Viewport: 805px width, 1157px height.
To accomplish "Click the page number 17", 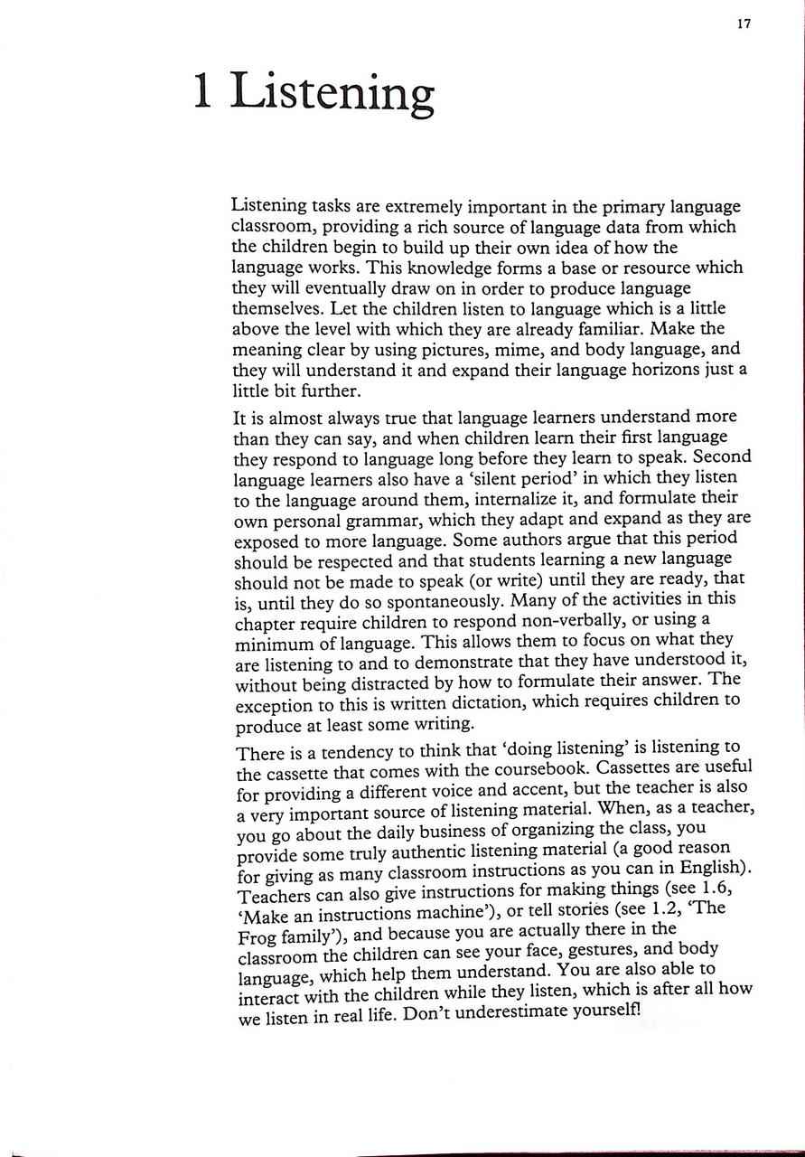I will point(744,24).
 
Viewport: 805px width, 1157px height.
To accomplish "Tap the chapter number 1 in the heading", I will point(203,92).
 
